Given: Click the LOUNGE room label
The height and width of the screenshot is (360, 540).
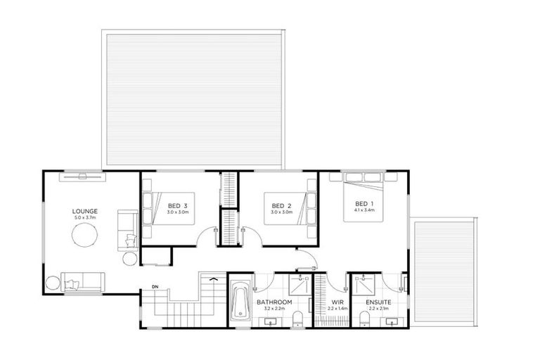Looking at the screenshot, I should (84, 211).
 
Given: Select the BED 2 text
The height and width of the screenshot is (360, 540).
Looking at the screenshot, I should (281, 205).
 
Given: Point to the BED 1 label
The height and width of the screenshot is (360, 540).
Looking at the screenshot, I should (364, 202).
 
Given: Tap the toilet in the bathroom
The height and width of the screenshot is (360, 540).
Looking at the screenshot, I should (297, 317).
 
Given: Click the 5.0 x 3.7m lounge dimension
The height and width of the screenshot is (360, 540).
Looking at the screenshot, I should (84, 218).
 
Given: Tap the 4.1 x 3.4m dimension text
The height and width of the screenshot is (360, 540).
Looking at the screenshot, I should (364, 210).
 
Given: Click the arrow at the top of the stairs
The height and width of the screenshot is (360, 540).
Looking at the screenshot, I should (210, 280).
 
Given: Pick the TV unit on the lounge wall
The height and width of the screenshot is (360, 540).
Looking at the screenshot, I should (84, 176).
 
